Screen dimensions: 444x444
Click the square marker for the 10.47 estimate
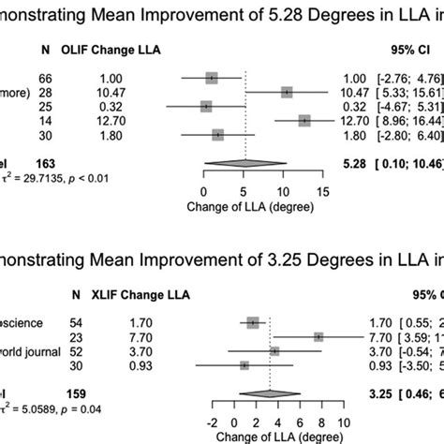click(x=287, y=92)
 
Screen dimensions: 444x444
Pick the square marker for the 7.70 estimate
click(x=319, y=336)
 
